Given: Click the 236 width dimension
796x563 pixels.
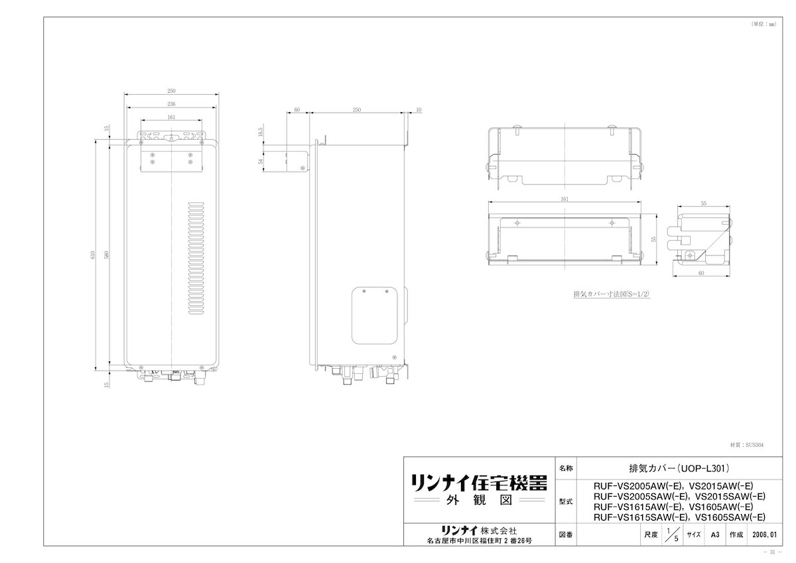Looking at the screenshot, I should point(171,103).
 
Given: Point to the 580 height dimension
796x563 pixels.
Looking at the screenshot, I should point(105,255).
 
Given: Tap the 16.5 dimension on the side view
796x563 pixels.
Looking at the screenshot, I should point(261,133).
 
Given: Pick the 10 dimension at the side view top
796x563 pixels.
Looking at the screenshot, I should point(418,109).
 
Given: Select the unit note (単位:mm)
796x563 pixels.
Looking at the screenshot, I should point(763,24).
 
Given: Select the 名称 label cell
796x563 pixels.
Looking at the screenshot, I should point(565,467).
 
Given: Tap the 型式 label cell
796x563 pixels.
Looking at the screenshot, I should point(565,501).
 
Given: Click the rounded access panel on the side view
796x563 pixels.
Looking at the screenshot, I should point(377,315).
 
